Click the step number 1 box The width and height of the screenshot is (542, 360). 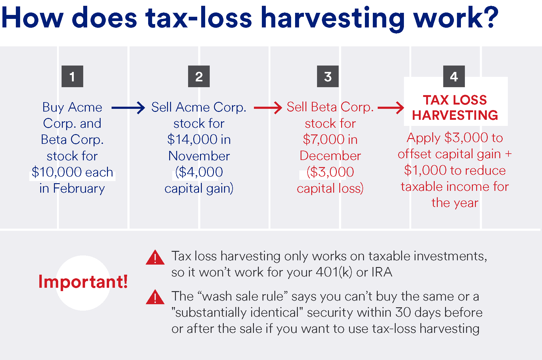pyautogui.click(x=72, y=76)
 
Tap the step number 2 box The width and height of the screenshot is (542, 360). pyautogui.click(x=199, y=76)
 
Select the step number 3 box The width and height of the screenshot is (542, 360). pyautogui.click(x=328, y=76)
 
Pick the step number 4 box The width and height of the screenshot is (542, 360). pyautogui.click(x=454, y=76)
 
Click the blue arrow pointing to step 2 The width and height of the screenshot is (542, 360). pyautogui.click(x=128, y=108)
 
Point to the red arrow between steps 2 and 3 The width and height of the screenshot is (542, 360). pyautogui.click(x=268, y=108)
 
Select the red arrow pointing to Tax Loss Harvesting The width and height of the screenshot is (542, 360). pyautogui.click(x=391, y=108)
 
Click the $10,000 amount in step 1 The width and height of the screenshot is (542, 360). pyautogui.click(x=57, y=172)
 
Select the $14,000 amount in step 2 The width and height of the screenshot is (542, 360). pyautogui.click(x=192, y=140)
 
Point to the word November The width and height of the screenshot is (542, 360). pyautogui.click(x=199, y=156)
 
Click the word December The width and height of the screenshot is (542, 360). pyautogui.click(x=330, y=156)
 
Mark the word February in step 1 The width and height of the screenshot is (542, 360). pyautogui.click(x=79, y=189)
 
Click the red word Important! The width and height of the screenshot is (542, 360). pyautogui.click(x=83, y=281)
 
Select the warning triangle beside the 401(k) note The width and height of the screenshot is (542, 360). pyautogui.click(x=155, y=257)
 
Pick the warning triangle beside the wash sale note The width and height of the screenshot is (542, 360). pyautogui.click(x=155, y=297)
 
